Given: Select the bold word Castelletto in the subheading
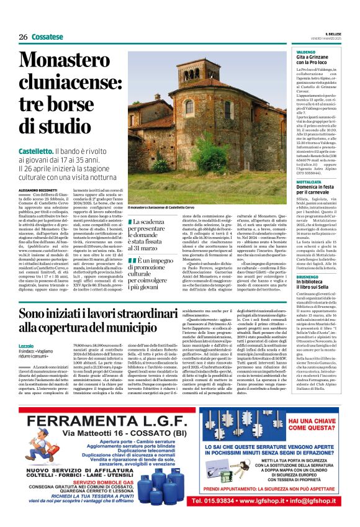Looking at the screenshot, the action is pyautogui.click(x=35, y=151).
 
